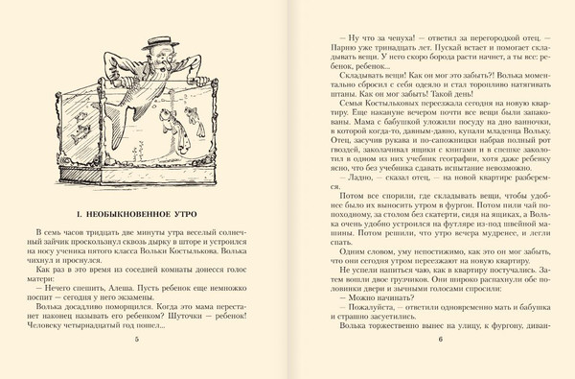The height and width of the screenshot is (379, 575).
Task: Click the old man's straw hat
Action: [155, 40]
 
